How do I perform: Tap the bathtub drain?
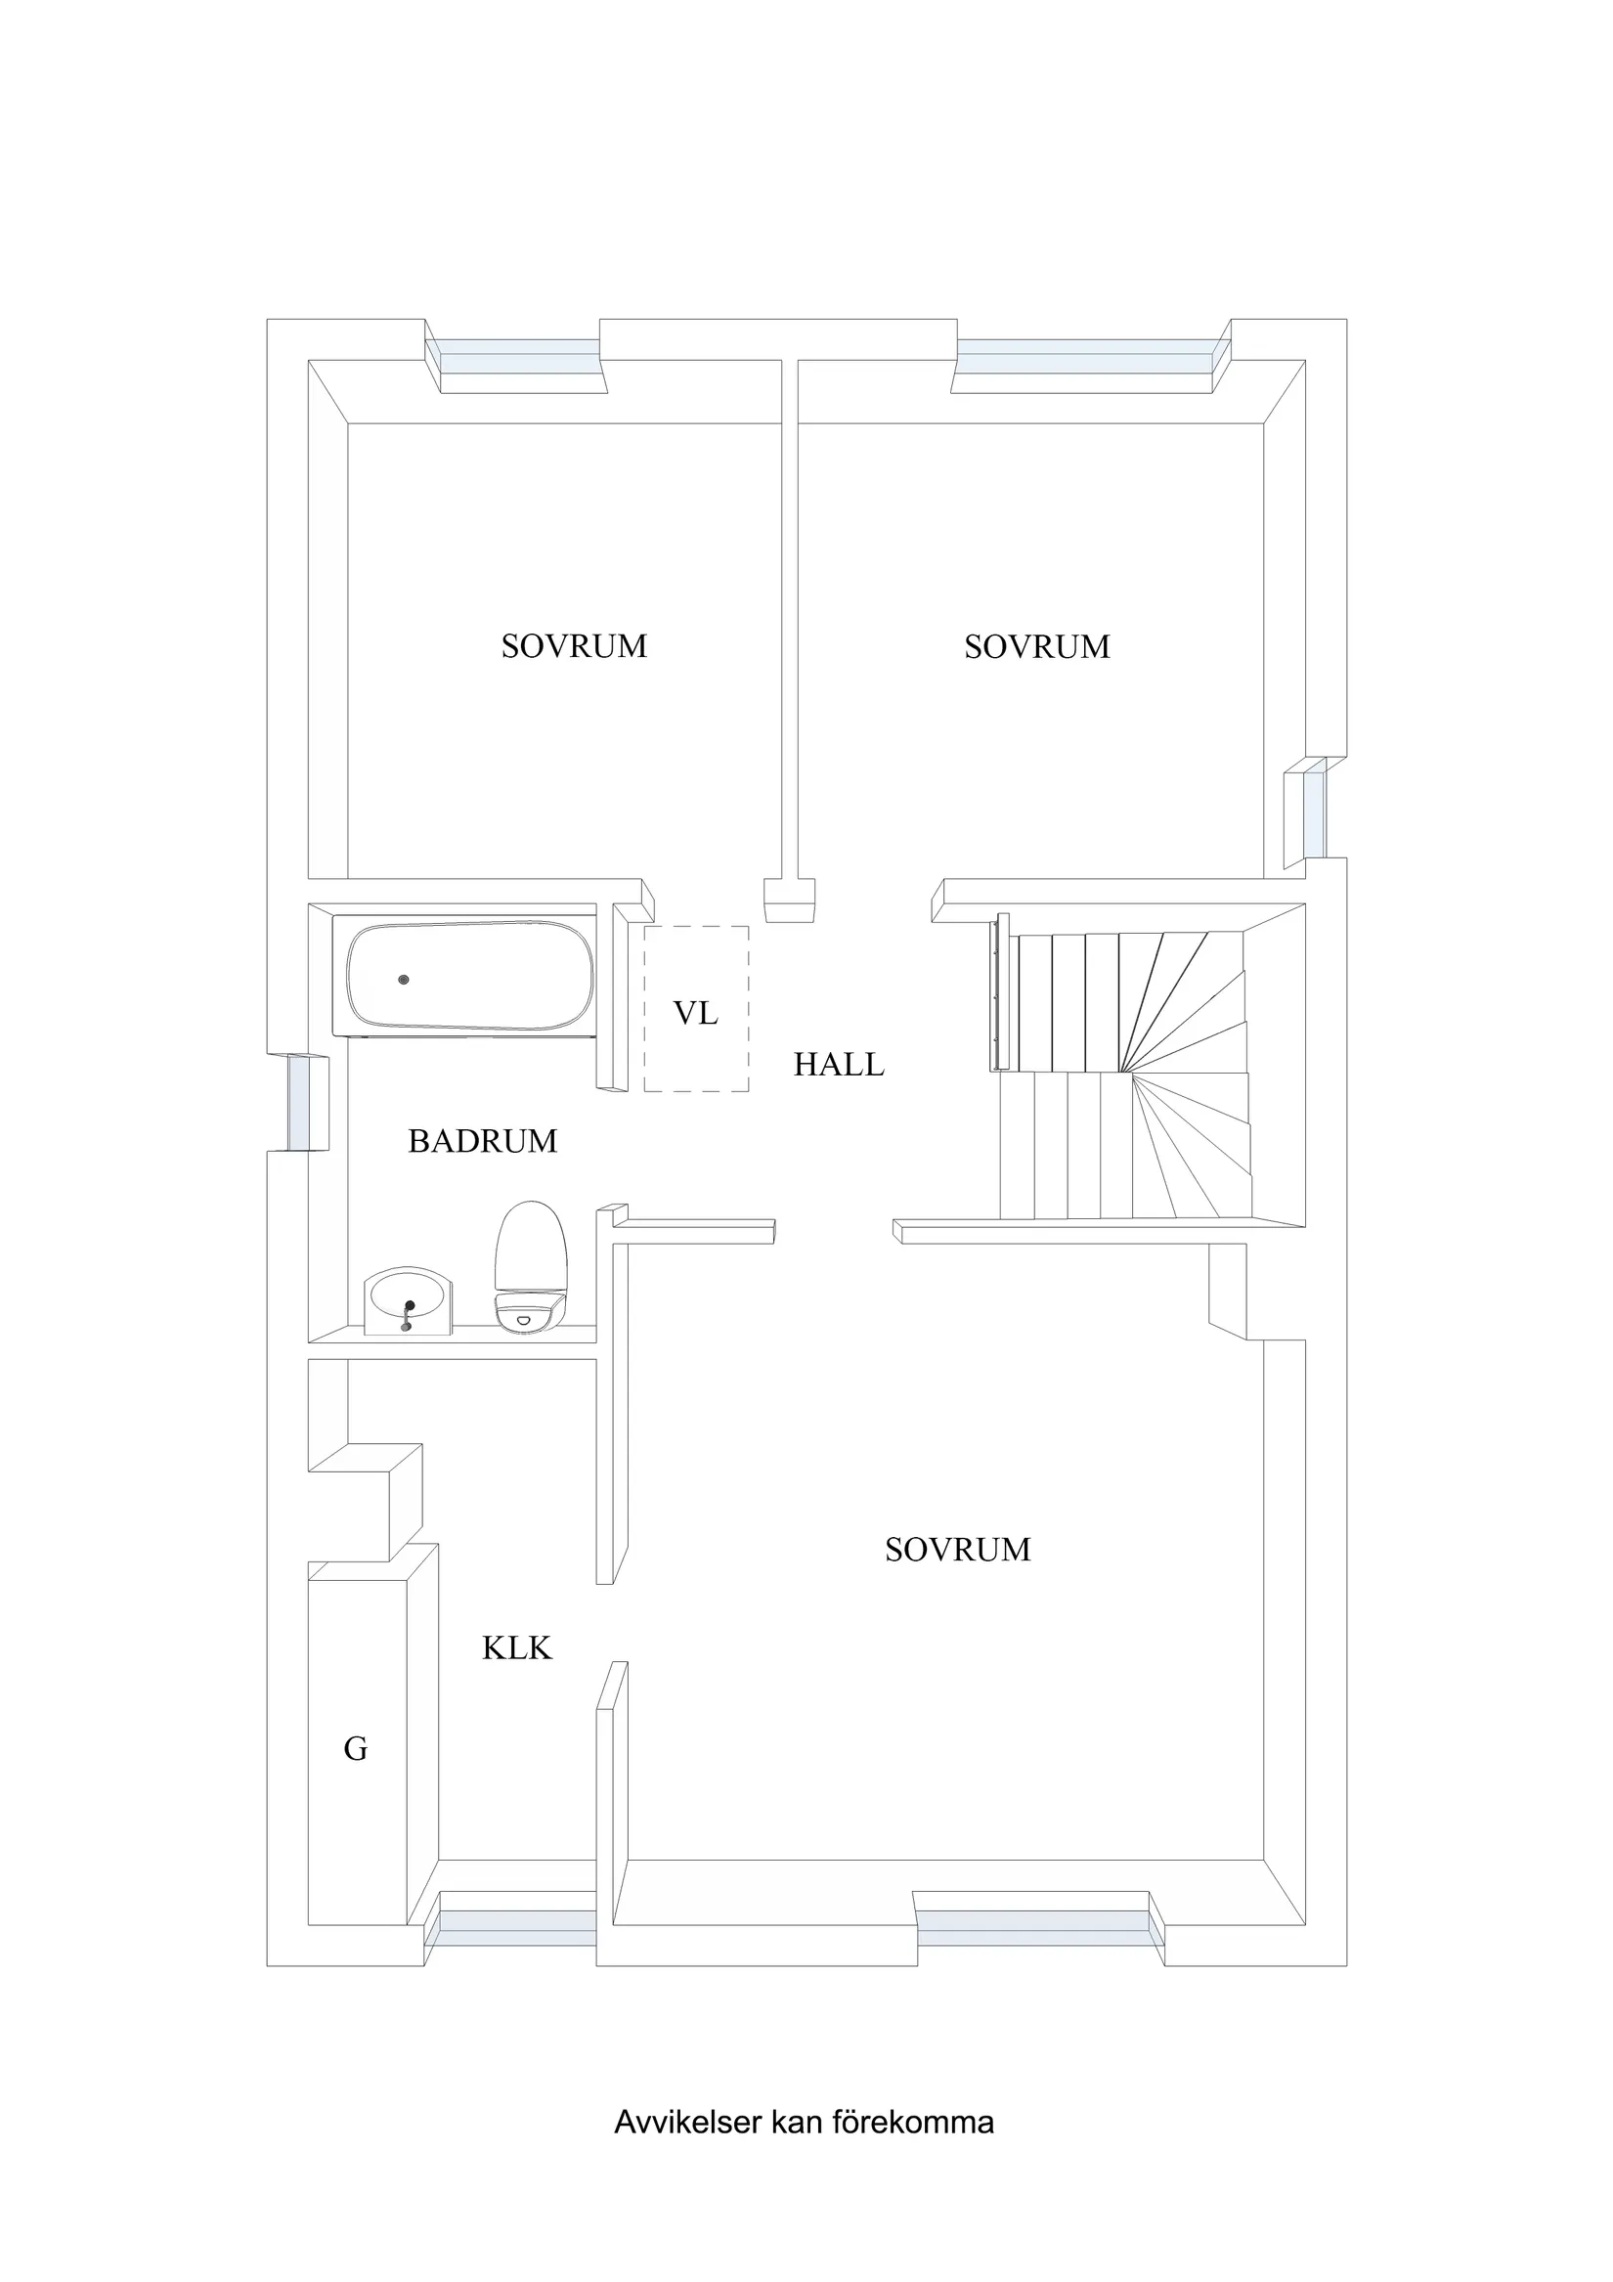pyautogui.click(x=404, y=980)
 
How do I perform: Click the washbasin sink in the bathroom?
pyautogui.click(x=409, y=1300)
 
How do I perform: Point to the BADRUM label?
pyautogui.click(x=483, y=1141)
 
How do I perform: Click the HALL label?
pyautogui.click(x=839, y=1065)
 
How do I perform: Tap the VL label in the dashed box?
pyautogui.click(x=696, y=1013)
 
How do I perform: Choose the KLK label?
pyautogui.click(x=517, y=1647)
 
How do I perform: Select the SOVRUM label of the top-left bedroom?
pyautogui.click(x=575, y=646)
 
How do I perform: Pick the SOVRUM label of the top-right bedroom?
pyautogui.click(x=1037, y=646)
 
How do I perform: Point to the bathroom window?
pyautogui.click(x=302, y=1103)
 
